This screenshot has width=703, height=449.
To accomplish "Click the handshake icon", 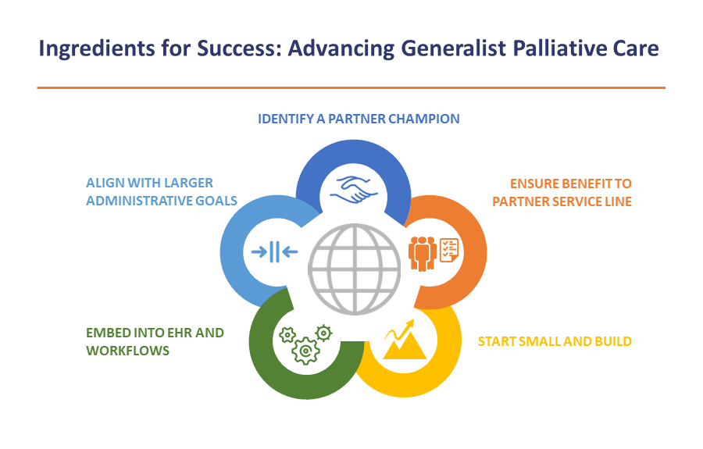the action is [x=354, y=190].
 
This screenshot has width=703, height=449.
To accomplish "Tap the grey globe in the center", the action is [x=355, y=269].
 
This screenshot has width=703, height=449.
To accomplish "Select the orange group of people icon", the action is [x=423, y=254].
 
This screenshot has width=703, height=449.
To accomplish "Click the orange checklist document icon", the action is [x=449, y=250].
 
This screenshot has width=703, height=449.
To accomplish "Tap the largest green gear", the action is [x=305, y=351].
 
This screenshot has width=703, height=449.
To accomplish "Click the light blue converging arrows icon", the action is [x=275, y=252].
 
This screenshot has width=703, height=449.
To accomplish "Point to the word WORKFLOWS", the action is [x=128, y=351].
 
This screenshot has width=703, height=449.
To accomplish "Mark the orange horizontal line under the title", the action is [x=351, y=87].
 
